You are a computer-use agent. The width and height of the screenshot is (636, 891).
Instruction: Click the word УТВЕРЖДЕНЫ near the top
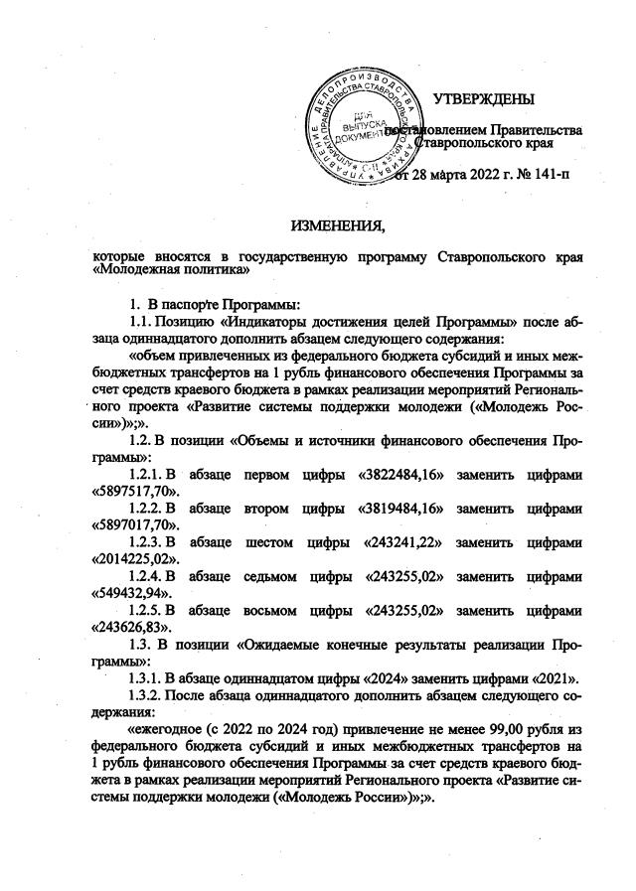coord(483,98)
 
